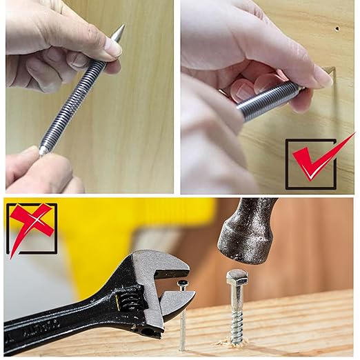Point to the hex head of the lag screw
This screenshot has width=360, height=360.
(237, 278)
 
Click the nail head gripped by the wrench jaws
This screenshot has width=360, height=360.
(183, 283)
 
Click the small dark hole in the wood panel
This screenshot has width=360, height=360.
(337, 30)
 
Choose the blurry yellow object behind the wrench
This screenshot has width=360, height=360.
(159, 221)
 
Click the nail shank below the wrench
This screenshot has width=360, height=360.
(183, 328)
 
